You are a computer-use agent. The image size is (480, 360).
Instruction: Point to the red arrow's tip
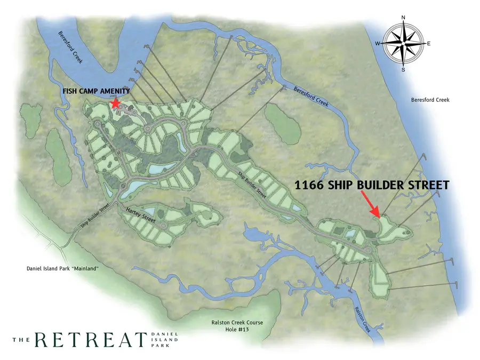[x=379, y=217]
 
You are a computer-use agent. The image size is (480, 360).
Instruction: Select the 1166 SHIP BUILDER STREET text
[x=372, y=185]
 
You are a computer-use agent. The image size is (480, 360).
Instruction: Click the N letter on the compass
[x=404, y=18]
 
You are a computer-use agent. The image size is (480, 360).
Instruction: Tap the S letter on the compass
[x=404, y=69]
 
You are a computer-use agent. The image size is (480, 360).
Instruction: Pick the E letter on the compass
[x=429, y=44]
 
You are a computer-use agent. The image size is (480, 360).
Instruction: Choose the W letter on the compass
[x=378, y=44]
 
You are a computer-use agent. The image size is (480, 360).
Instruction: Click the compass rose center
[x=404, y=44]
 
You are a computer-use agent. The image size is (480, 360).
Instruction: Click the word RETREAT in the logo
[x=91, y=339]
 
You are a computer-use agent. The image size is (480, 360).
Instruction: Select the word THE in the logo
[x=22, y=340]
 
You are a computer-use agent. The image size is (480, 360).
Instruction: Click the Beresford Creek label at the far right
[x=430, y=100]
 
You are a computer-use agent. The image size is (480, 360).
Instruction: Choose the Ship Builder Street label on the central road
[x=252, y=182]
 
